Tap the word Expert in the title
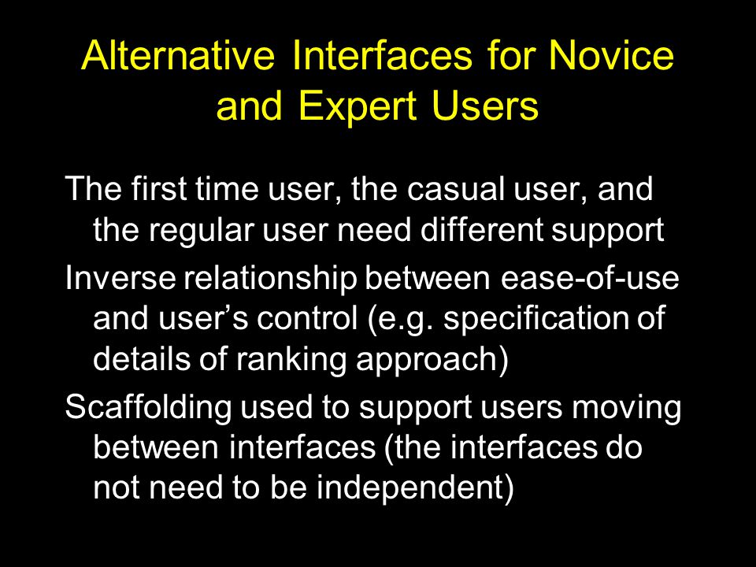click(x=358, y=106)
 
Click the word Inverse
click(x=120, y=278)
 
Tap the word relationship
click(x=270, y=279)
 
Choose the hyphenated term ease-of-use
click(x=590, y=278)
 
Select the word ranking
click(x=291, y=360)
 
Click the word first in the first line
click(x=158, y=188)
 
